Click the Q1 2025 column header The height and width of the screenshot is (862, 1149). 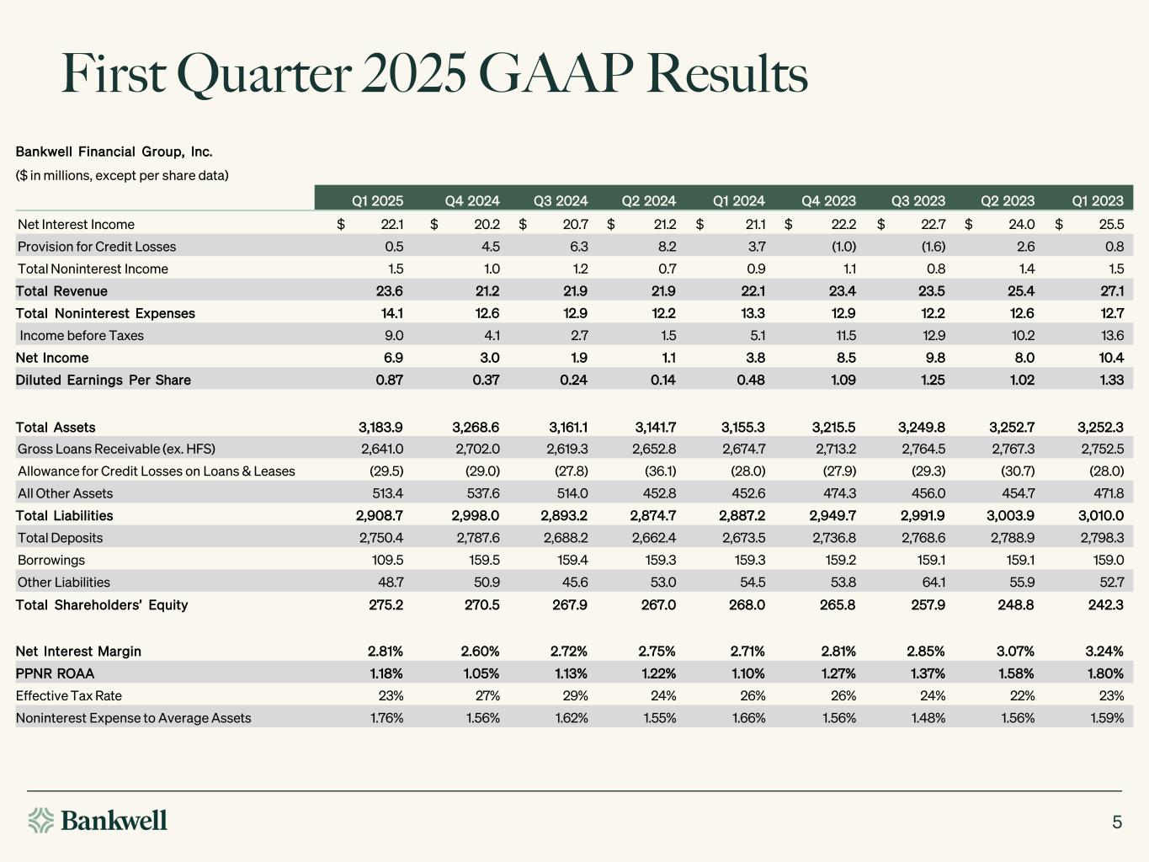(377, 201)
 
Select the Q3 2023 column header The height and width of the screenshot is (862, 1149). (918, 201)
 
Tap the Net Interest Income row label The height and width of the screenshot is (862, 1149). (76, 225)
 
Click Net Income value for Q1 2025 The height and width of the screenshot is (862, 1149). (393, 358)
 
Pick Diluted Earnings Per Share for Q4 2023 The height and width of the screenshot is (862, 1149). (843, 380)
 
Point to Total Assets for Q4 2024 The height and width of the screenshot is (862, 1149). (476, 428)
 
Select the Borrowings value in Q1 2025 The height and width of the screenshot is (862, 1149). (387, 560)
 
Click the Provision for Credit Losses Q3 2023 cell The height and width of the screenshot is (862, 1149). (934, 247)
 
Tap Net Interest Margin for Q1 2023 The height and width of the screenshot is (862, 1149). (1104, 652)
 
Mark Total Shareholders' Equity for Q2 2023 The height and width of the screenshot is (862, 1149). (1015, 605)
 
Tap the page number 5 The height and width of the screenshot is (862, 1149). (1117, 822)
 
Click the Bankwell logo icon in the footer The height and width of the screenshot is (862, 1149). (41, 820)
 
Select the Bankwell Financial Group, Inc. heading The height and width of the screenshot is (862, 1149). (114, 152)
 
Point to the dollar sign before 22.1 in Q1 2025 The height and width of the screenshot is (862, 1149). (341, 225)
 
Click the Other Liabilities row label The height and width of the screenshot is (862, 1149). (64, 583)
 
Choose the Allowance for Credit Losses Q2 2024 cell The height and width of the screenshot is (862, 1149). (660, 471)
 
